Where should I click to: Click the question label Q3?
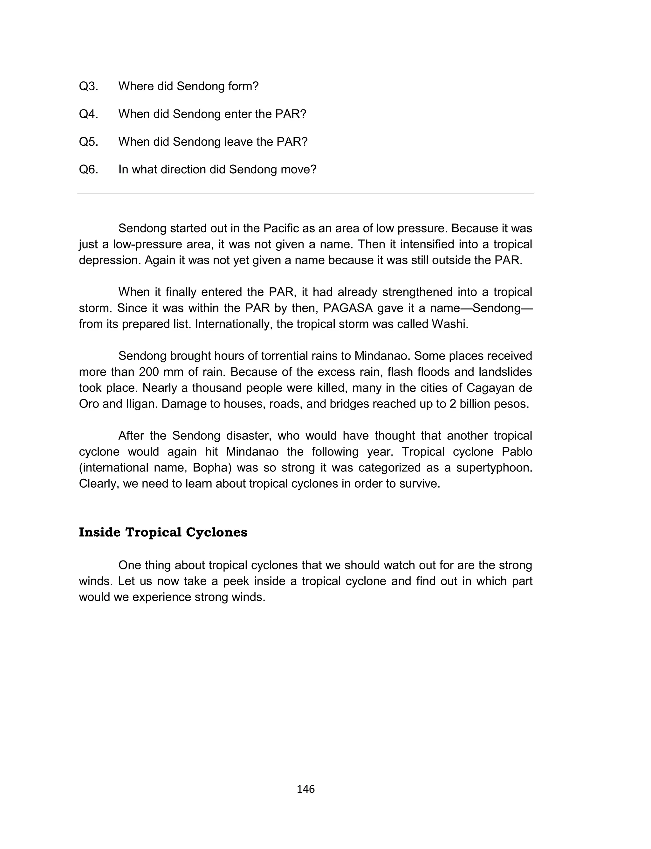88,87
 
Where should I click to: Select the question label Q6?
88,170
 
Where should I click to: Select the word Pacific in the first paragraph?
281,228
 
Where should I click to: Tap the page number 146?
306,789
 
